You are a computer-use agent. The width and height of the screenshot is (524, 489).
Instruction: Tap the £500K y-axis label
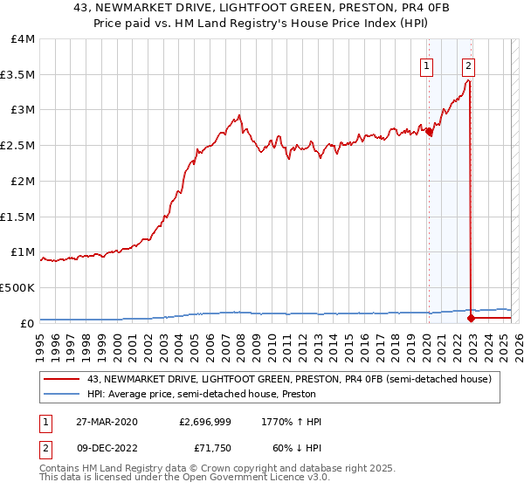[17, 287]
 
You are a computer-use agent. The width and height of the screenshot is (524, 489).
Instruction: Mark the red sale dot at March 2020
[430, 132]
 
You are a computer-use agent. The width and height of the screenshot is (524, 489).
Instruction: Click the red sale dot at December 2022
[472, 318]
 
